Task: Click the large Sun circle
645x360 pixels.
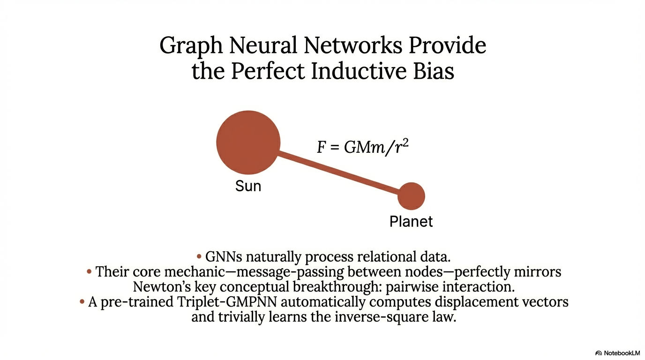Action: click(248, 142)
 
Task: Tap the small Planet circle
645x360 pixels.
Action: click(411, 196)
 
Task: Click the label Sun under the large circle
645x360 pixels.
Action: click(248, 187)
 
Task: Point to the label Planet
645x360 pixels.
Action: click(411, 221)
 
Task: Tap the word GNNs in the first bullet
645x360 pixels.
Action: click(224, 257)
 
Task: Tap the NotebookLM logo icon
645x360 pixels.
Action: click(599, 352)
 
